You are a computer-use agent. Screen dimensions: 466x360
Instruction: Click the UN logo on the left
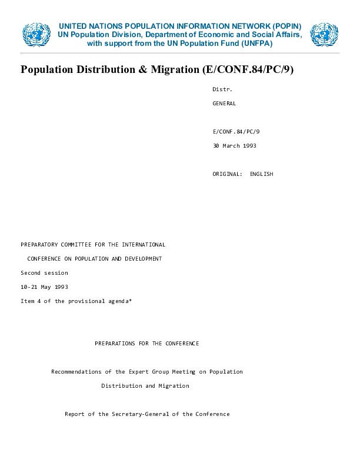[x=36, y=35]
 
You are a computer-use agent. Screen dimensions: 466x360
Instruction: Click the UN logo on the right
[x=324, y=35]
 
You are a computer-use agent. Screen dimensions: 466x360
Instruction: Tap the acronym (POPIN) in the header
[x=286, y=26]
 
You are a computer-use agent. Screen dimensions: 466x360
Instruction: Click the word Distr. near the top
[x=222, y=89]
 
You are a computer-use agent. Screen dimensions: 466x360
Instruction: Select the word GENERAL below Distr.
[x=224, y=104]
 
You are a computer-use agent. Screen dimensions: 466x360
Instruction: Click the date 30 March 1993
[x=234, y=146]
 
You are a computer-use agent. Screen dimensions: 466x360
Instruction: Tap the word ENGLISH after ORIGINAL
[x=261, y=174]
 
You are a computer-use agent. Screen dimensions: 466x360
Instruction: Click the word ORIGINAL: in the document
[x=227, y=174]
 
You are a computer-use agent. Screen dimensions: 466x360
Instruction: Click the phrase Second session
[x=44, y=273]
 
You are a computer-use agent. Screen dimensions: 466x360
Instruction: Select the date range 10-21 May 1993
[x=44, y=287]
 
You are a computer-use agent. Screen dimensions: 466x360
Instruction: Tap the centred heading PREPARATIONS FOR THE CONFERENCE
[x=146, y=344]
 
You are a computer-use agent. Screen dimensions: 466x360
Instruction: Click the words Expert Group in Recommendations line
[x=147, y=372]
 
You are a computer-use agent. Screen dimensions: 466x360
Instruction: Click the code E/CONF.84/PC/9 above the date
[x=236, y=132]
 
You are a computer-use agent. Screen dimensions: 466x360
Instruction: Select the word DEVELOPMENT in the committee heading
[x=143, y=259]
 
